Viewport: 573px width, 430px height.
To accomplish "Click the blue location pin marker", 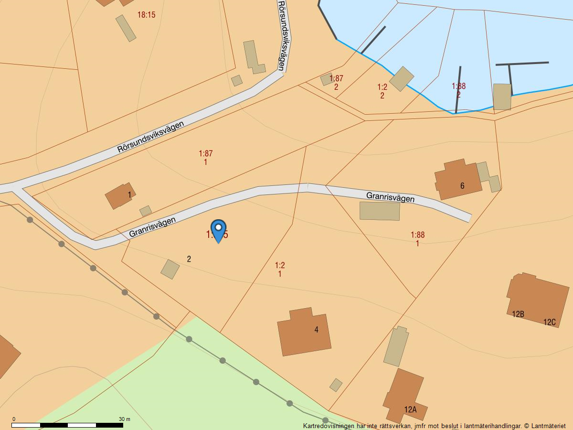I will [218, 231].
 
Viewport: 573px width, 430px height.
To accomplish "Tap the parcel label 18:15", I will [146, 15].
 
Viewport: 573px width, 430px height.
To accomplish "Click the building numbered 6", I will [457, 179].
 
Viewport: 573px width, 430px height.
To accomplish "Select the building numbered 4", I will [304, 332].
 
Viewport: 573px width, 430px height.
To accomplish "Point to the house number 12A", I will [410, 409].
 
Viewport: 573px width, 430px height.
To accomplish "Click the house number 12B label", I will [518, 314].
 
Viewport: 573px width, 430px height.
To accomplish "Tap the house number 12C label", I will [550, 322].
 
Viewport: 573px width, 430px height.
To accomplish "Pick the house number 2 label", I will [189, 259].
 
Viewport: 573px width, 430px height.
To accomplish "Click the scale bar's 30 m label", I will [124, 419].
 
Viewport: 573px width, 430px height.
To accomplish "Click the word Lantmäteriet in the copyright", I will [549, 426].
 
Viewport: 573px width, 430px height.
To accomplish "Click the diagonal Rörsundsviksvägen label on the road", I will [150, 137].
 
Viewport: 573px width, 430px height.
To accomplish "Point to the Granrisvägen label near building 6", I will [390, 197].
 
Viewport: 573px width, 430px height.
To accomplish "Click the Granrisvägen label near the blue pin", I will [152, 226].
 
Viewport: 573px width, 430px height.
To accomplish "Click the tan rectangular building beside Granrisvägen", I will [380, 211].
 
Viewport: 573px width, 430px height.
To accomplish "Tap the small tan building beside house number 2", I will [170, 269].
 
